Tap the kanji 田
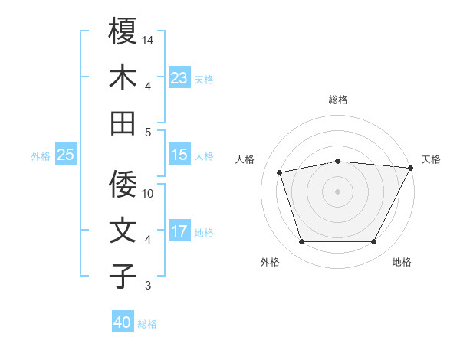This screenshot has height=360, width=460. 123,123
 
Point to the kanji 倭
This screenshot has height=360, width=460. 123,185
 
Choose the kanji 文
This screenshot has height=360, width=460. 123,231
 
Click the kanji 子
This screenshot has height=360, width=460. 123,277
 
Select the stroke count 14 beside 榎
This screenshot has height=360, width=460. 149,39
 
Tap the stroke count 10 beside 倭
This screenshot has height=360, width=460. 149,193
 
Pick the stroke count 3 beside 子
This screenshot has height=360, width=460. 149,286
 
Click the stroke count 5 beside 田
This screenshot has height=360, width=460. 149,132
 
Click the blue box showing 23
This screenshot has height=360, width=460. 179,78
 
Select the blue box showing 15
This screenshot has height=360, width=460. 179,155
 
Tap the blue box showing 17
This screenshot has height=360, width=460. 179,231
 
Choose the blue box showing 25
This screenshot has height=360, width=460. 65,155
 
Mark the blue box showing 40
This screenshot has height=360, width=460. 123,322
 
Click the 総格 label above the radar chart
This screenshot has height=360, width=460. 337,100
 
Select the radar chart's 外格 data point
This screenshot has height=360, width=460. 301,242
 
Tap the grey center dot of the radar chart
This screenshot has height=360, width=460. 337,191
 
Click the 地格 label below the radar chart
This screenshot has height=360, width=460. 402,263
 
